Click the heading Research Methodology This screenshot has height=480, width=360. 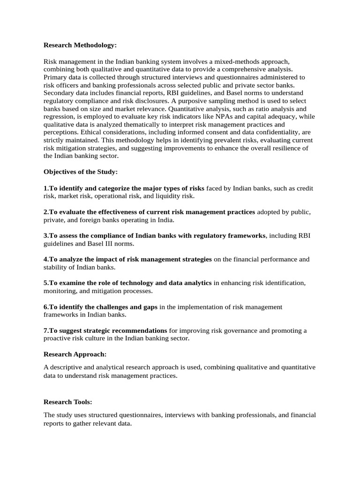(x=80, y=45)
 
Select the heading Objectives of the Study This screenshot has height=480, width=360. (x=81, y=172)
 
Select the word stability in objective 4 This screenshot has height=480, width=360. (x=56, y=267)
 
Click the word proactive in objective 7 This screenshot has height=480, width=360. (x=60, y=338)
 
